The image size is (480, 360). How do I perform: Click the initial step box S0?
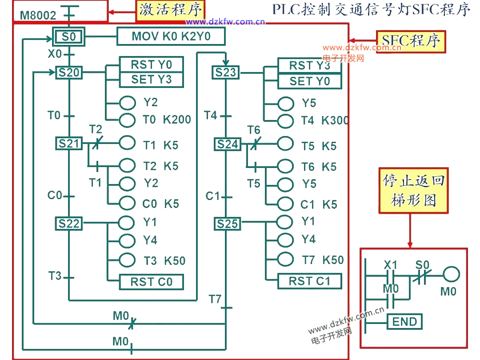point(68,36)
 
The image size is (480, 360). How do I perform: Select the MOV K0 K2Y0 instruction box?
point(171,36)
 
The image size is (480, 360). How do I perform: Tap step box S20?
point(68,72)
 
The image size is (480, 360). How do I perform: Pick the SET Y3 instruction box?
point(151,80)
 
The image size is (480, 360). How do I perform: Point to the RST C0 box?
point(151,282)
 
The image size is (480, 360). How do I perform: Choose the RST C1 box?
point(309,281)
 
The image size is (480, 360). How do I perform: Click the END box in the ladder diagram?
point(404,322)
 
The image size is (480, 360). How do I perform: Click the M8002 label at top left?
point(38,16)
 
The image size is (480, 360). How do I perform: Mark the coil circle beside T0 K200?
point(128,120)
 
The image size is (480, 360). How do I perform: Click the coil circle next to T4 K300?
point(286,120)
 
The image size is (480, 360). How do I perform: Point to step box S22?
point(68,224)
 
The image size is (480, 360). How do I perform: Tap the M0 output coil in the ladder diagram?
point(451,276)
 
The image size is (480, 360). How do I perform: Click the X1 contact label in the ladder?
point(390,265)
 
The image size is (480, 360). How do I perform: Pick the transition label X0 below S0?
point(54,54)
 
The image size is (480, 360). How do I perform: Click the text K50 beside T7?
point(333,260)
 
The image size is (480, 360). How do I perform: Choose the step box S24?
point(227,144)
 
